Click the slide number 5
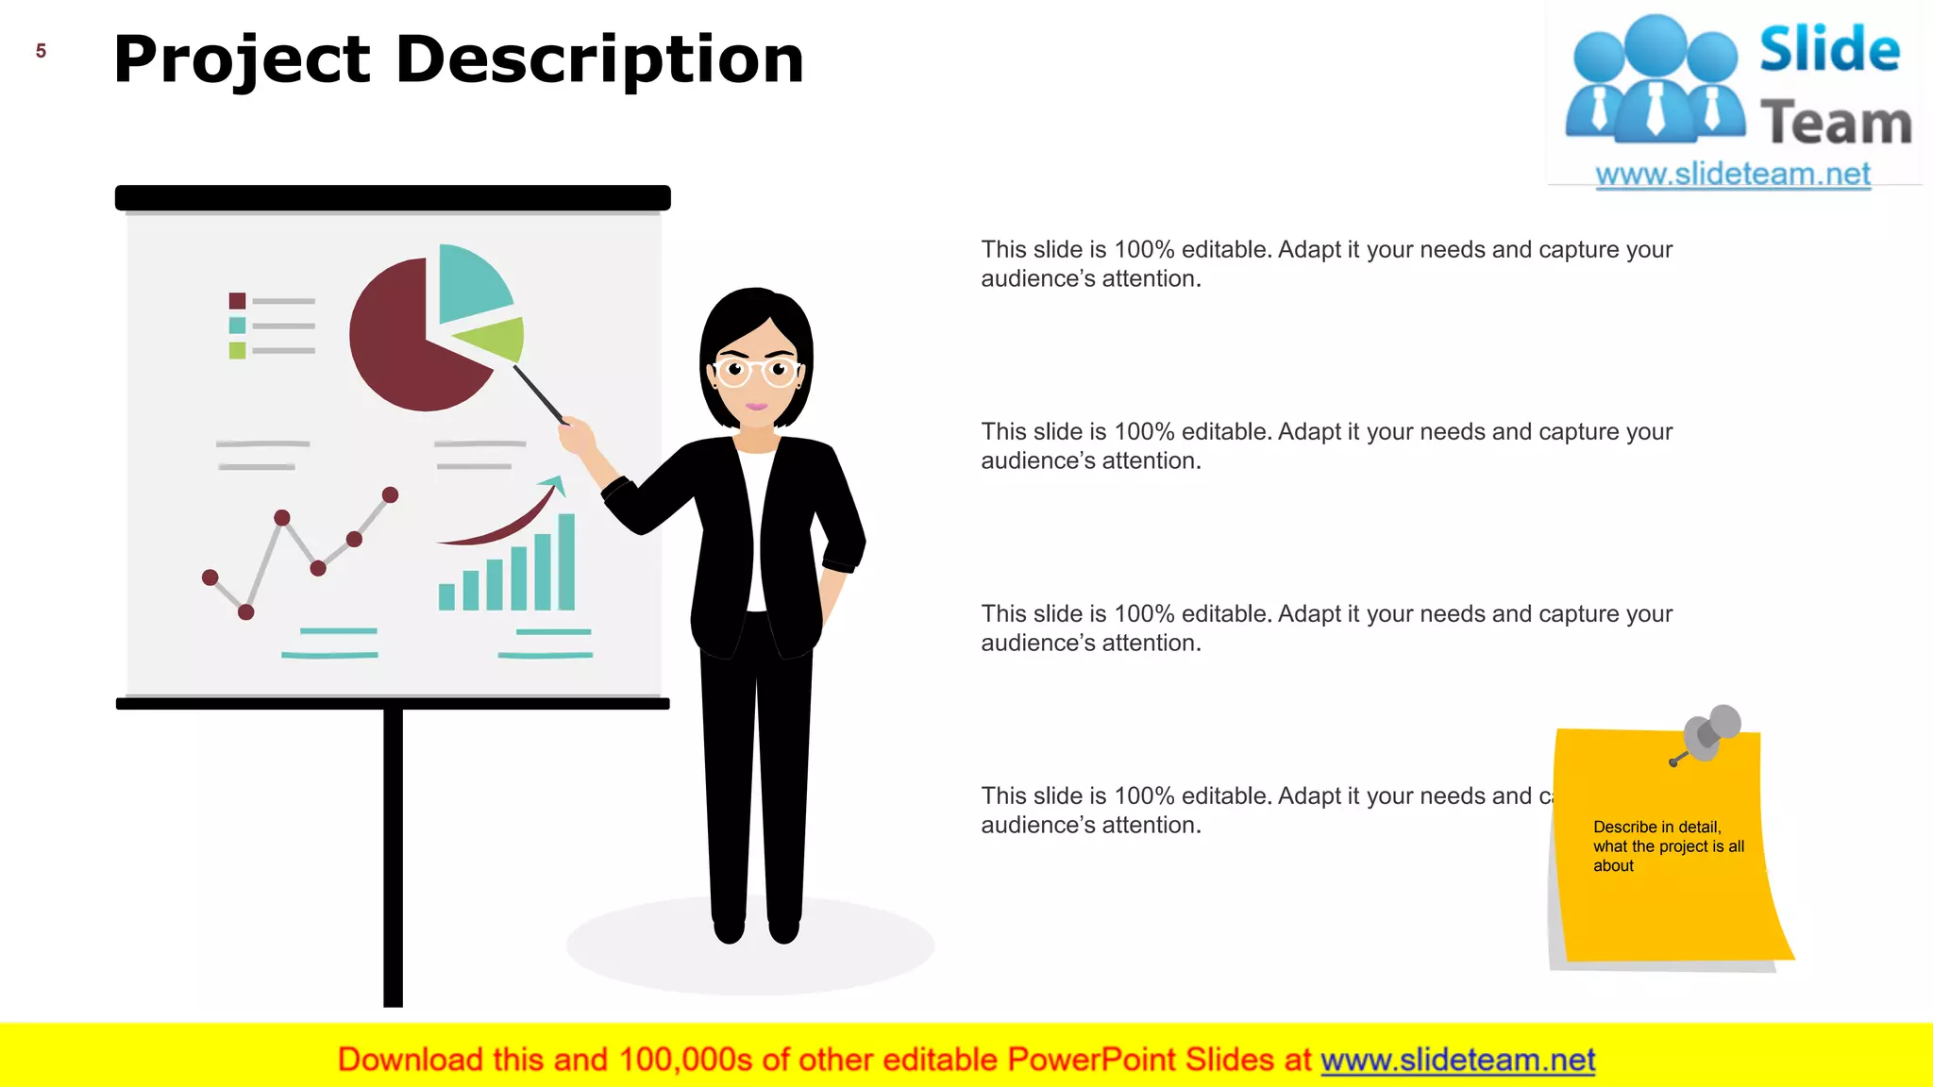pos(41,51)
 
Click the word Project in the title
pos(242,60)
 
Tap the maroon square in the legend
pos(237,301)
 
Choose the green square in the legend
pos(237,351)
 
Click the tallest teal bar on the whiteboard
pos(566,561)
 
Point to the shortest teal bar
pos(446,596)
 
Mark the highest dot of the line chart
pos(390,494)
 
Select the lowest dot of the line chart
pos(246,612)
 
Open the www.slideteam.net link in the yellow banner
pos(1457,1060)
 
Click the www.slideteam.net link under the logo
pos(1733,174)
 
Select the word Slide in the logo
pos(1829,49)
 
